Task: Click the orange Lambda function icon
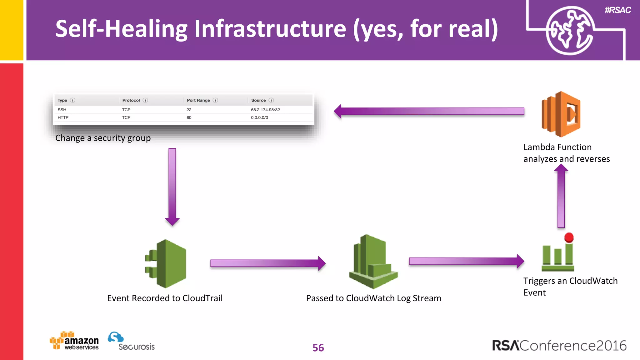click(561, 114)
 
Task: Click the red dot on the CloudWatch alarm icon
click(569, 237)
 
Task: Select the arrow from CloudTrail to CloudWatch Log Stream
click(267, 263)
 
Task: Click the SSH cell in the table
click(62, 110)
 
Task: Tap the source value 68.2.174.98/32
click(265, 110)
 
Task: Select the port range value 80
click(189, 117)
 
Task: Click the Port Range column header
click(198, 100)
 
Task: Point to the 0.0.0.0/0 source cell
click(259, 117)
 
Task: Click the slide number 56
click(318, 348)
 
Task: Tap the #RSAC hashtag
click(617, 10)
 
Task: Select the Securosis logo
click(131, 341)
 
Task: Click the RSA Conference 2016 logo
click(559, 346)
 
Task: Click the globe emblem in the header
click(569, 31)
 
